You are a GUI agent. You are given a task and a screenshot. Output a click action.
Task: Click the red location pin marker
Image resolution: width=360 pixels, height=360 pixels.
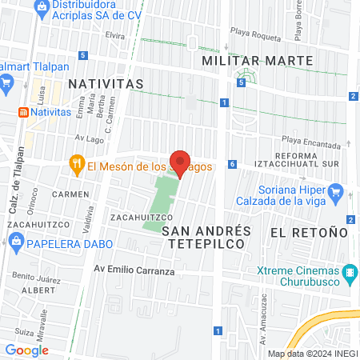pyautogui.click(x=180, y=163)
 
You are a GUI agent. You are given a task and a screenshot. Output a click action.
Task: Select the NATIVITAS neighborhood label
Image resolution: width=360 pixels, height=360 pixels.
pyautogui.click(x=106, y=83)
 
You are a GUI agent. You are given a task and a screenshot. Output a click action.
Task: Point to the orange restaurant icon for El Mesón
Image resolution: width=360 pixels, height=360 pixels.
pyautogui.click(x=77, y=166)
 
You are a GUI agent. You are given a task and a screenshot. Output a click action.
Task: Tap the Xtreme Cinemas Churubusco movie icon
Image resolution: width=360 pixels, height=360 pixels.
pyautogui.click(x=349, y=274)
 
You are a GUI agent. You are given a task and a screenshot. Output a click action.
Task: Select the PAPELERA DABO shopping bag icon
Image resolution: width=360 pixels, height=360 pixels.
pyautogui.click(x=16, y=246)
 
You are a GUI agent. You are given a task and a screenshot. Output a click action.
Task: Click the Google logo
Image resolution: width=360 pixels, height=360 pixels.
pyautogui.click(x=26, y=350)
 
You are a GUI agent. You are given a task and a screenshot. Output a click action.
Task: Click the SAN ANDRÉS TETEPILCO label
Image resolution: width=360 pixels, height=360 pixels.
pyautogui.click(x=206, y=238)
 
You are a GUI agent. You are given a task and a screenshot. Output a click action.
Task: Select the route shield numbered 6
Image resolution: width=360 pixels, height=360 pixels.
pyautogui.click(x=231, y=164)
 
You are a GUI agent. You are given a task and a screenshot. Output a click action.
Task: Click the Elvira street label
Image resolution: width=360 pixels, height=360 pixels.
pyautogui.click(x=115, y=36)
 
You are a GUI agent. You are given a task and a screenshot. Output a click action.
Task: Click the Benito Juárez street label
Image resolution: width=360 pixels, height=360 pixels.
pyautogui.click(x=31, y=276)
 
